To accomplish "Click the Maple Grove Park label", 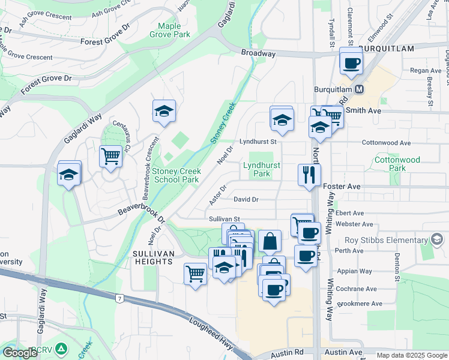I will coord(173,30).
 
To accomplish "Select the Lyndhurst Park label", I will coord(262,169).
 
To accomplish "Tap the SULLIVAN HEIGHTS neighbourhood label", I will coord(153,259).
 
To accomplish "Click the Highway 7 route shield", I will coord(121,298).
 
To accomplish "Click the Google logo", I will coord(20,352).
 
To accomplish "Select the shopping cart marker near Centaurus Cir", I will coord(110,157).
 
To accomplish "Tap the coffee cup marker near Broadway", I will coord(351,62).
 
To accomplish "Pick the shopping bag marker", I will coord(270,241).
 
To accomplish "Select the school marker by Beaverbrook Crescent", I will coord(164,111).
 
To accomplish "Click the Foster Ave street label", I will coord(342,187).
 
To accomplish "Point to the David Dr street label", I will coord(246,199).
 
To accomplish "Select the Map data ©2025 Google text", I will coord(411,355).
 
